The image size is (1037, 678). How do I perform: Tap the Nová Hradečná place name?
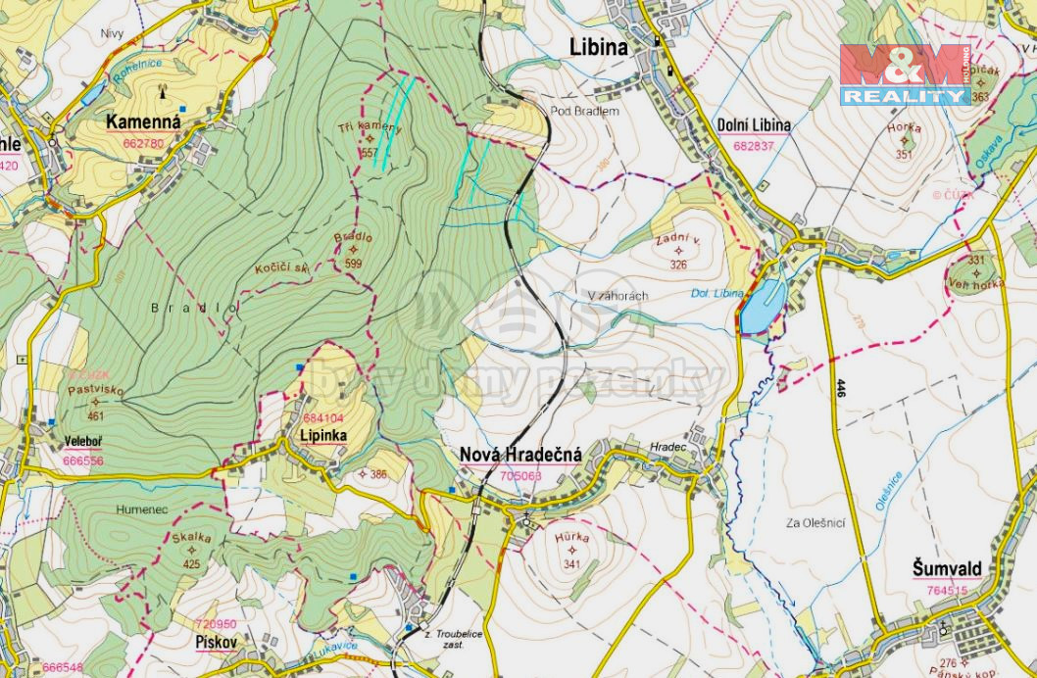[520, 455]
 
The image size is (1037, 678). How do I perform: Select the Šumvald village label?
[946, 569]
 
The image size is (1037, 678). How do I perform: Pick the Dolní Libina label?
[754, 125]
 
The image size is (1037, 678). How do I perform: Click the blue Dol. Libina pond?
[762, 306]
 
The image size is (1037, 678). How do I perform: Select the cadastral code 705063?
[520, 476]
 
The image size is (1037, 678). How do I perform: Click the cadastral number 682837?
[753, 146]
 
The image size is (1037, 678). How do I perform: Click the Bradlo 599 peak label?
[353, 250]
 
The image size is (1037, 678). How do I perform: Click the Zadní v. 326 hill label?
[678, 251]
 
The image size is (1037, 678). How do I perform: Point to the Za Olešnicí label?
[816, 523]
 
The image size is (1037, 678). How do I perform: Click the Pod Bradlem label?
[584, 112]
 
